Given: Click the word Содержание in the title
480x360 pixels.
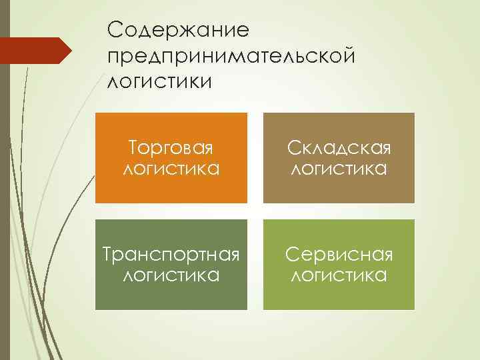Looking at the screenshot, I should (177, 29).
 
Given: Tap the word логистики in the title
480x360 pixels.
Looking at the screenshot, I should (159, 81).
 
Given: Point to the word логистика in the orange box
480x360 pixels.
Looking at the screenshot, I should (171, 169).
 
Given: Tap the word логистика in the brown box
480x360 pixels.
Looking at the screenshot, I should (339, 169).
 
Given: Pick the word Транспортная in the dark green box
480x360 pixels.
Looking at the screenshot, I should (171, 254).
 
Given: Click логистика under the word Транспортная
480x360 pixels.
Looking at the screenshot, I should (171, 275).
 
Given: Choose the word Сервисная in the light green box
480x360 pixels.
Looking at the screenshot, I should (339, 254).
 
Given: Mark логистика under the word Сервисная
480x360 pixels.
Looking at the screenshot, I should (339, 275).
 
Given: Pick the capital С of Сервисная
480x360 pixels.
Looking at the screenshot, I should (291, 254).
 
